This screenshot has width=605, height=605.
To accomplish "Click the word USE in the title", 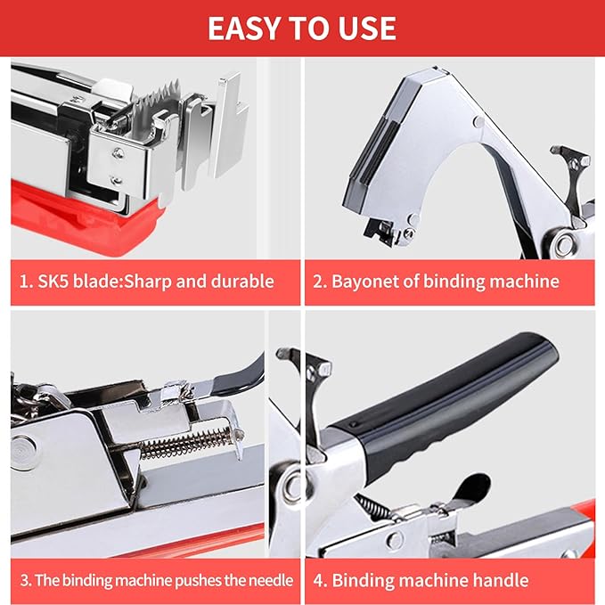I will coord(366,28).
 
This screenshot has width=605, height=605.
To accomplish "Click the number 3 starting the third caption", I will coord(25,580).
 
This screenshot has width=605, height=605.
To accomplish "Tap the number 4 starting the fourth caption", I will coord(319,580).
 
